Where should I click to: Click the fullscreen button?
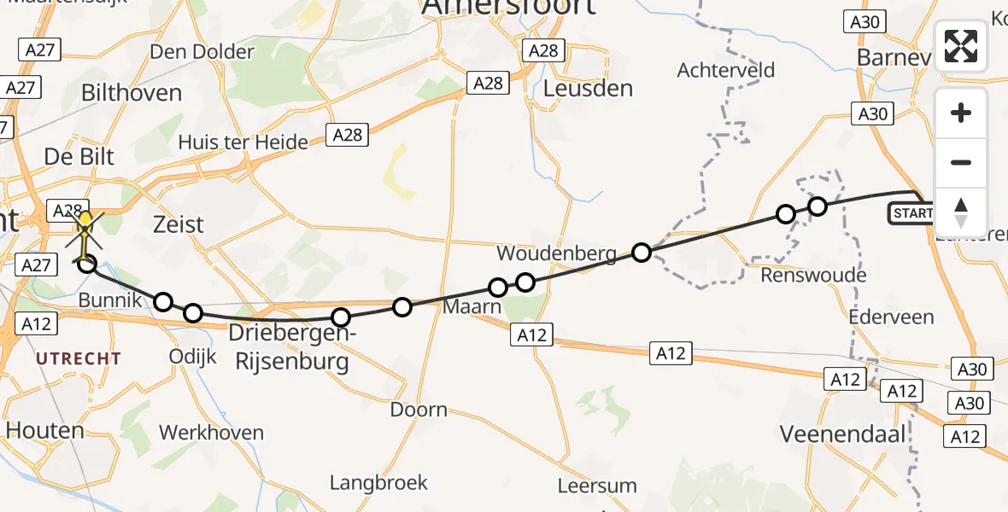tap(961, 46)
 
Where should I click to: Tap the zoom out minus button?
tap(961, 162)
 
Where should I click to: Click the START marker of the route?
tap(912, 212)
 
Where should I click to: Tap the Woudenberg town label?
tap(556, 254)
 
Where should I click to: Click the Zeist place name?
tap(179, 224)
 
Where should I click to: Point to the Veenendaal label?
tap(842, 434)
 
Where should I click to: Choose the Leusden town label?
tap(589, 88)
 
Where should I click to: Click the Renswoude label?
tap(813, 275)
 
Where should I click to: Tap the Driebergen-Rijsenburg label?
tap(289, 347)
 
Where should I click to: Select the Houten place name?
tap(46, 431)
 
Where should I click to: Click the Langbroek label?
tap(378, 483)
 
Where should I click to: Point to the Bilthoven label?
tap(132, 93)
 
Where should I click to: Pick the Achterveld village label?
tap(726, 70)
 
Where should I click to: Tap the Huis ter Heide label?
tap(243, 143)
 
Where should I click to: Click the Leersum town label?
tap(597, 486)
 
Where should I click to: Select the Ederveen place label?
tap(892, 316)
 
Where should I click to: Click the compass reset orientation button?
tap(961, 212)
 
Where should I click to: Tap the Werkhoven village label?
tap(211, 433)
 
